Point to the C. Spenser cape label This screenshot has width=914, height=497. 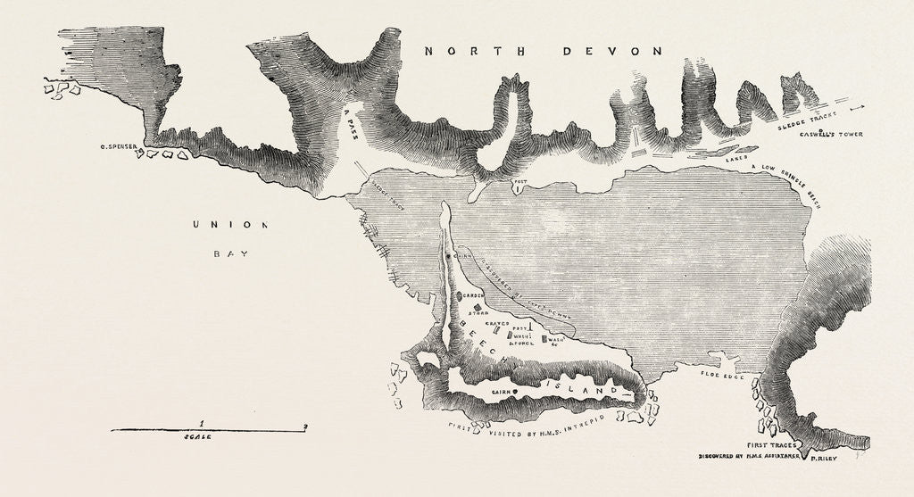122,141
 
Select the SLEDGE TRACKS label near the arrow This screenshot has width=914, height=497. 807,123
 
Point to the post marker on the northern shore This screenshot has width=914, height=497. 517,188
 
